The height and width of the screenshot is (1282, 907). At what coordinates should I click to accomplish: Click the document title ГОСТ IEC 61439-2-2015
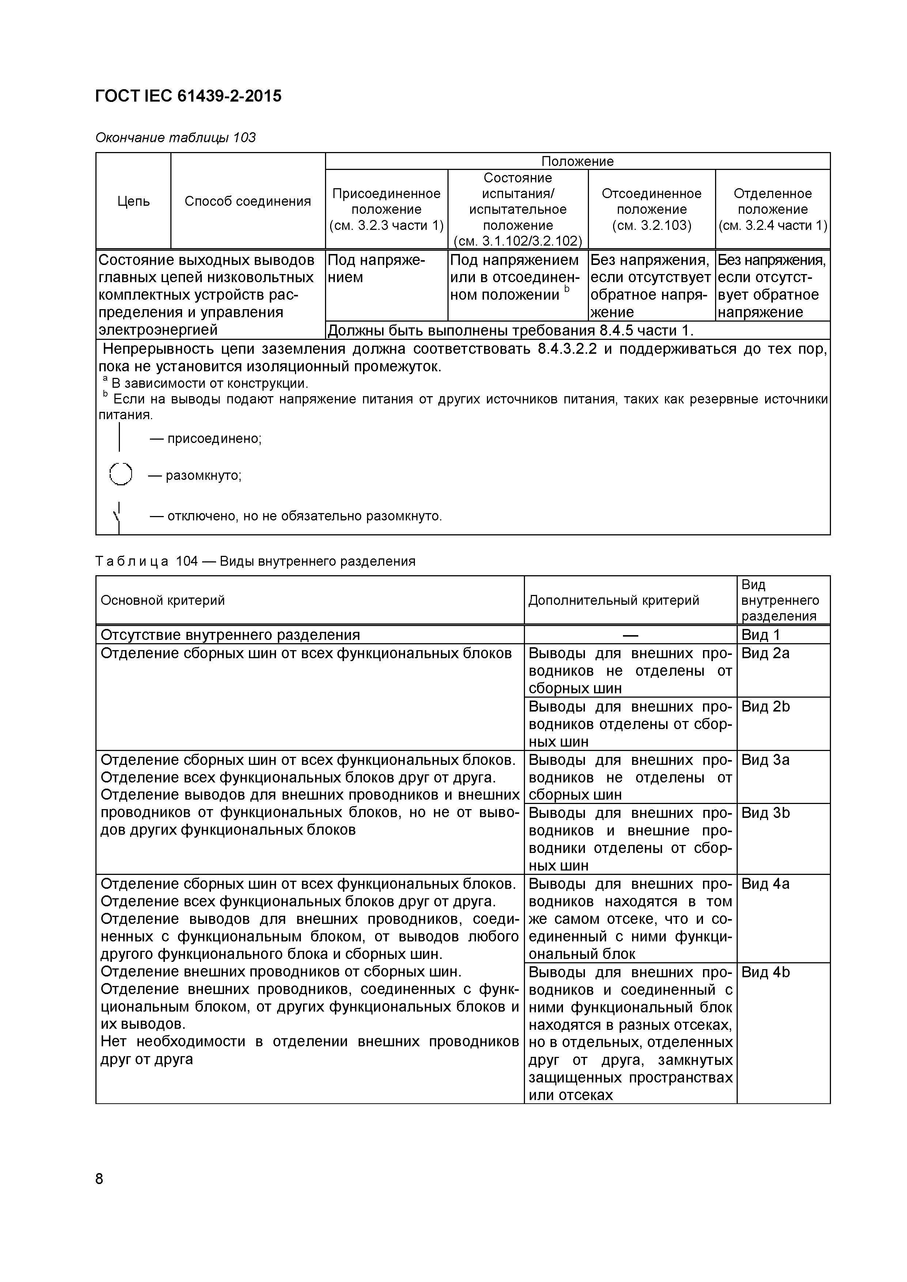click(188, 96)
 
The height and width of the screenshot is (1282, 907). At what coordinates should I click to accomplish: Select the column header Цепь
click(133, 201)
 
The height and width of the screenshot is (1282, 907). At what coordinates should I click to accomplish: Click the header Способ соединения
click(247, 201)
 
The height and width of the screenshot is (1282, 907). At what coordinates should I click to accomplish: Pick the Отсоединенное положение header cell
click(651, 209)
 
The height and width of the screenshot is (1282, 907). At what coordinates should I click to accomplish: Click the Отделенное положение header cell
click(772, 209)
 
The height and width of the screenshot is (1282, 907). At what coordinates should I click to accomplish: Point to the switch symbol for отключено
click(118, 516)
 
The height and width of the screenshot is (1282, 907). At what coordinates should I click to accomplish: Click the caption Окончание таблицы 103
click(175, 137)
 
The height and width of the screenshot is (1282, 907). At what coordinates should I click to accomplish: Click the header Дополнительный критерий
click(613, 600)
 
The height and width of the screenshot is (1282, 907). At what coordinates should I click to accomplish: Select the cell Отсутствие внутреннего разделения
click(230, 635)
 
